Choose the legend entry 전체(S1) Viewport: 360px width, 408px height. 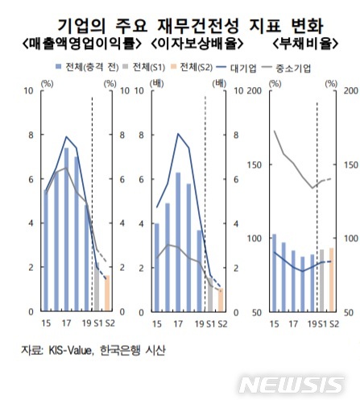click(x=148, y=70)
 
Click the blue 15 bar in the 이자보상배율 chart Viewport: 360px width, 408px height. click(x=157, y=267)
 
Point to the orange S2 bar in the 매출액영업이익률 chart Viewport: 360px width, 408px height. click(x=108, y=294)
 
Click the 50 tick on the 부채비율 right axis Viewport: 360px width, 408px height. click(x=351, y=311)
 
